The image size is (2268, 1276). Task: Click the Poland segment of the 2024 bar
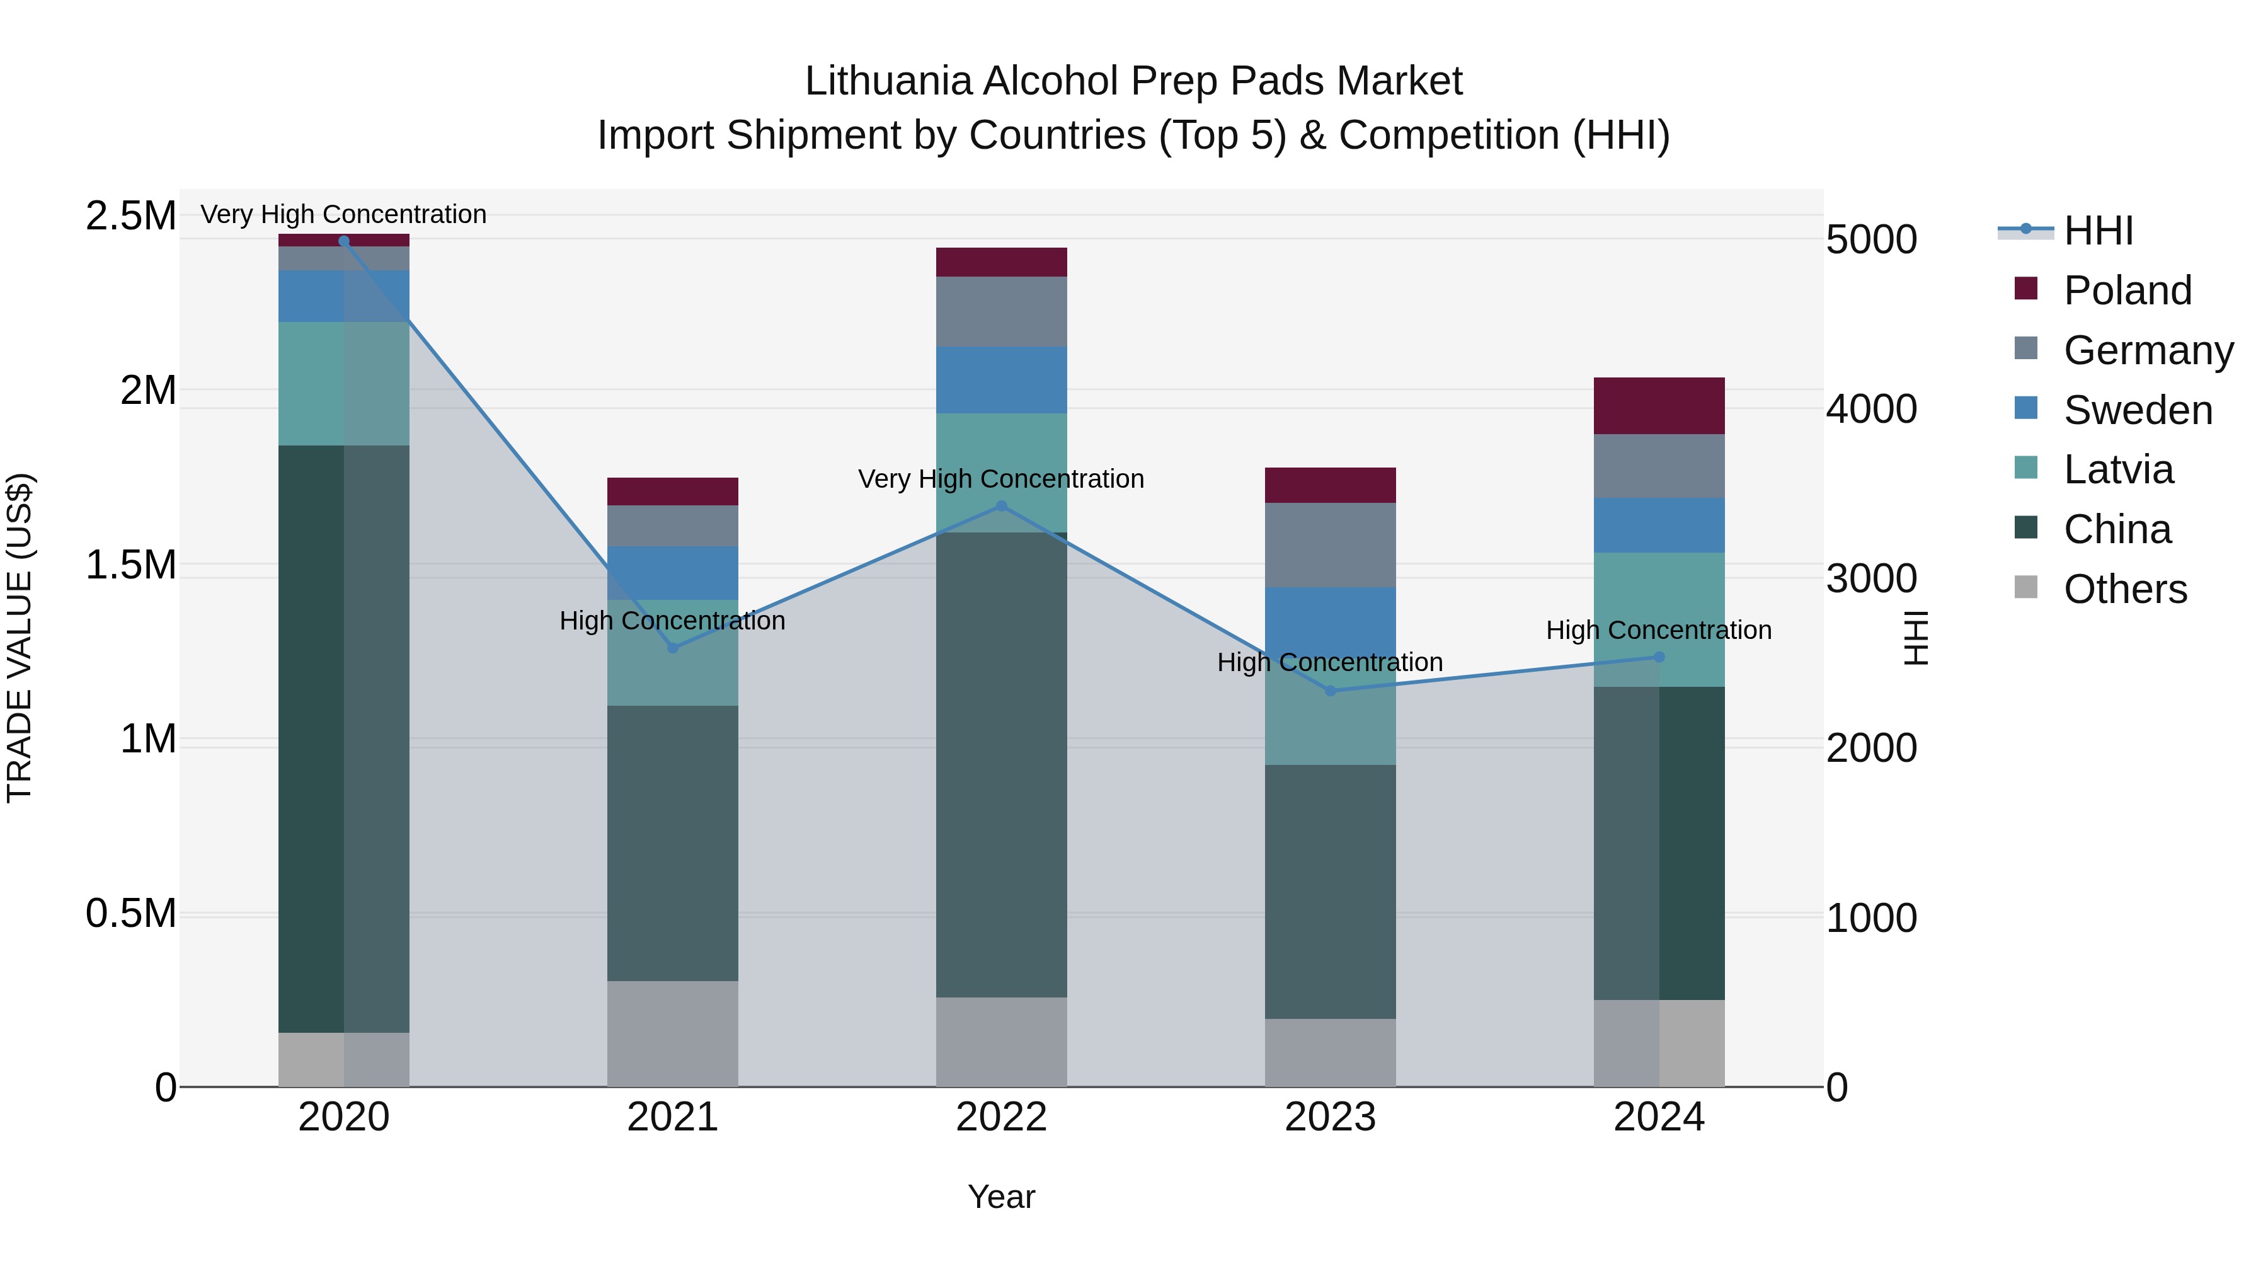pos(1659,405)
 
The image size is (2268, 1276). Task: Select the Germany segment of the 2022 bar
pos(1001,312)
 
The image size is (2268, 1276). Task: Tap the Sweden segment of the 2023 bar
pos(1331,621)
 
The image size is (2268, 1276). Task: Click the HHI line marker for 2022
pos(1001,507)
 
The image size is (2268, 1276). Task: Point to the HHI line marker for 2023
pos(1331,691)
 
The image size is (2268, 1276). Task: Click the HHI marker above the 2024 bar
pos(1659,657)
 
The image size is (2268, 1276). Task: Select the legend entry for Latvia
pos(2117,469)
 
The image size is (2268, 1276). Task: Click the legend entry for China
pos(2117,529)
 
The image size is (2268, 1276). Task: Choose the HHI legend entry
pos(2097,231)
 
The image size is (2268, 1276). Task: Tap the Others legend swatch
pos(2026,587)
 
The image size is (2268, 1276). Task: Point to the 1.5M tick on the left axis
pos(131,565)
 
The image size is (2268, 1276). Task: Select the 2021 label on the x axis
pos(673,1117)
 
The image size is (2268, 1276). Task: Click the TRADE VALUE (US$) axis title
pos(20,638)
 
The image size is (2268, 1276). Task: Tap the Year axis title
pos(1001,1197)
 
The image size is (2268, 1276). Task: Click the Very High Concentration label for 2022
pos(1001,479)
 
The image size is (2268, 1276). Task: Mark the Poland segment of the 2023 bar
pos(1331,485)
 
